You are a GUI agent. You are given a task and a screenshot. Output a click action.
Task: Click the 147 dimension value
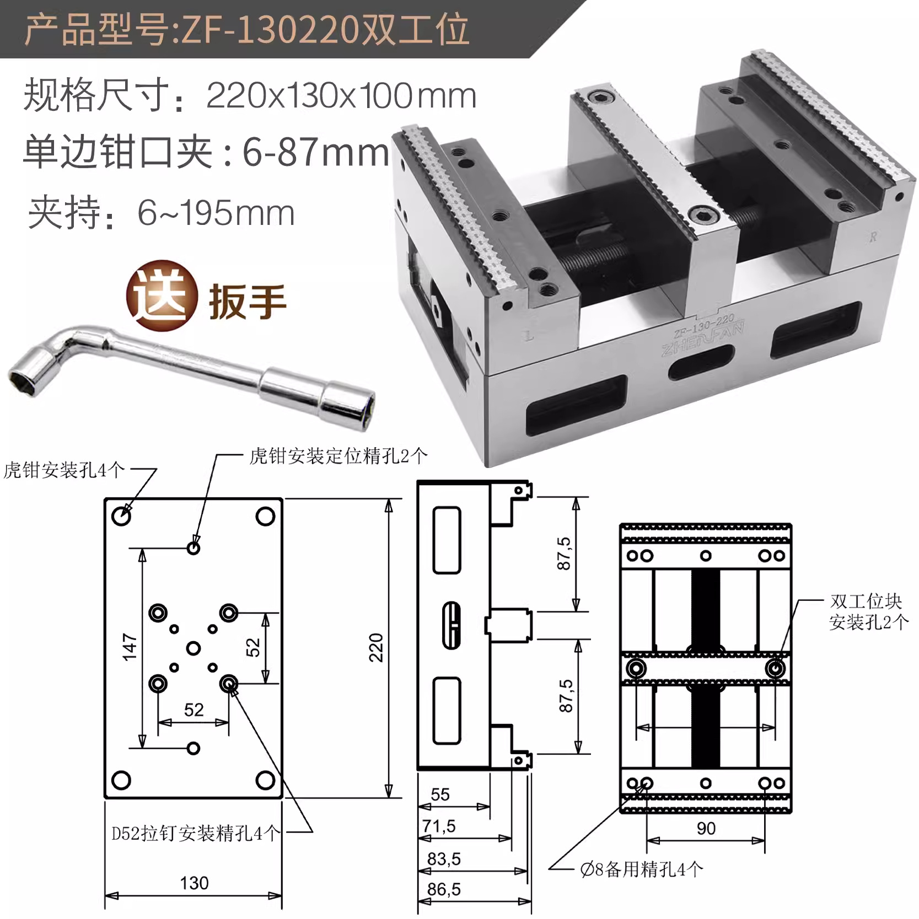coord(130,647)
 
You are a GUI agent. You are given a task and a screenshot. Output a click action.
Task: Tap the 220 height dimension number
coord(376,647)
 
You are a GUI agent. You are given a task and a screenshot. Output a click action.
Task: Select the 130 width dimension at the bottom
coord(194,883)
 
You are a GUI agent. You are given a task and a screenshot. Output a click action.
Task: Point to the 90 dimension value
coord(706,828)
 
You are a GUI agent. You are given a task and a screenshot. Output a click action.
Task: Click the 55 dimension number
coord(440,794)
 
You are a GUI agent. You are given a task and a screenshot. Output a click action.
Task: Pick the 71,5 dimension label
coord(439,826)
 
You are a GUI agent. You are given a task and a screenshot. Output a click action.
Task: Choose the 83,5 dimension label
coord(444,858)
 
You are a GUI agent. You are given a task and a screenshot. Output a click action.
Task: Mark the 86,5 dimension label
coord(444,889)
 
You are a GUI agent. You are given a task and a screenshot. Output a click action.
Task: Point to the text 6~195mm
coord(216,213)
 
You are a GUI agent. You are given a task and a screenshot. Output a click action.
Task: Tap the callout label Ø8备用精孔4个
coord(642,869)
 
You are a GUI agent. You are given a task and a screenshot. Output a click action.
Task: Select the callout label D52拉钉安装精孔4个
coord(196,833)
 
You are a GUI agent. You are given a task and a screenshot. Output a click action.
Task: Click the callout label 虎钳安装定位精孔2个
coord(338,456)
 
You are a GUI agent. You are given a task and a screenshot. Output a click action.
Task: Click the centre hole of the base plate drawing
coord(193,648)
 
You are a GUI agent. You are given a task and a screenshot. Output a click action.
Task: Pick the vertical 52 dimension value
coord(252,647)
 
